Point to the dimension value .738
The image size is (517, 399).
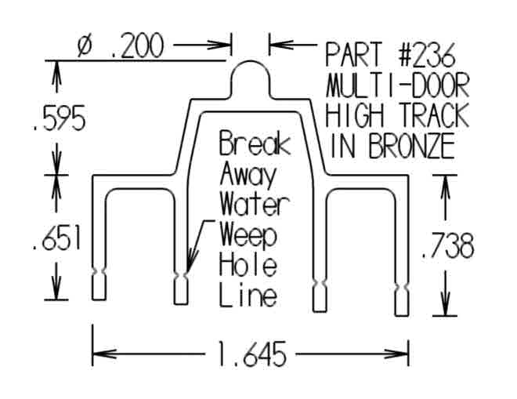point(446,247)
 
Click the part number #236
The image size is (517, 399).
point(424,56)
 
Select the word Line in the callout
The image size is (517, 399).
point(248,296)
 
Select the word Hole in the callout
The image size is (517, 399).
point(248,266)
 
